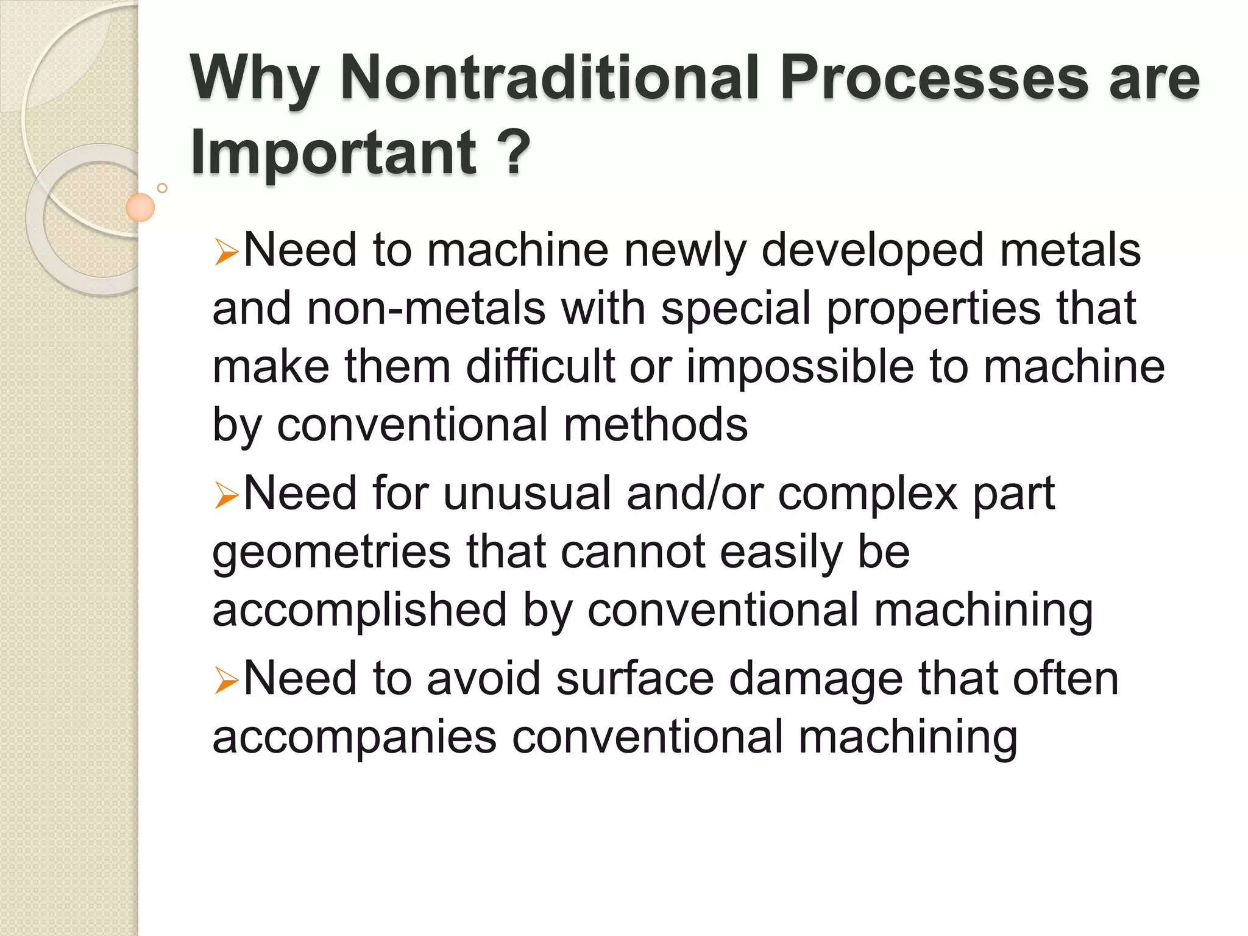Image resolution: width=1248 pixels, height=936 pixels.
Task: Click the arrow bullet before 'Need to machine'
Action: [226, 252]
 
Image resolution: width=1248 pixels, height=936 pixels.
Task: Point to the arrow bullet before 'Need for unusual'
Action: [226, 495]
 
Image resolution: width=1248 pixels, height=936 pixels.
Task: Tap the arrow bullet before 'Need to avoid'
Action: [226, 681]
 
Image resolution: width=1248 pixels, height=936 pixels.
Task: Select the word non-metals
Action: [426, 308]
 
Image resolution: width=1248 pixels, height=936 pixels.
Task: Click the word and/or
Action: [695, 493]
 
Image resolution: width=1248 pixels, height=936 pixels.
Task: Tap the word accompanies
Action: [354, 738]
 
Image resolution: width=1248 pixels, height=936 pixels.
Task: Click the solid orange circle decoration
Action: [140, 207]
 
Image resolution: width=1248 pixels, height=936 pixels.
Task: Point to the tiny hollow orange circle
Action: [162, 188]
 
